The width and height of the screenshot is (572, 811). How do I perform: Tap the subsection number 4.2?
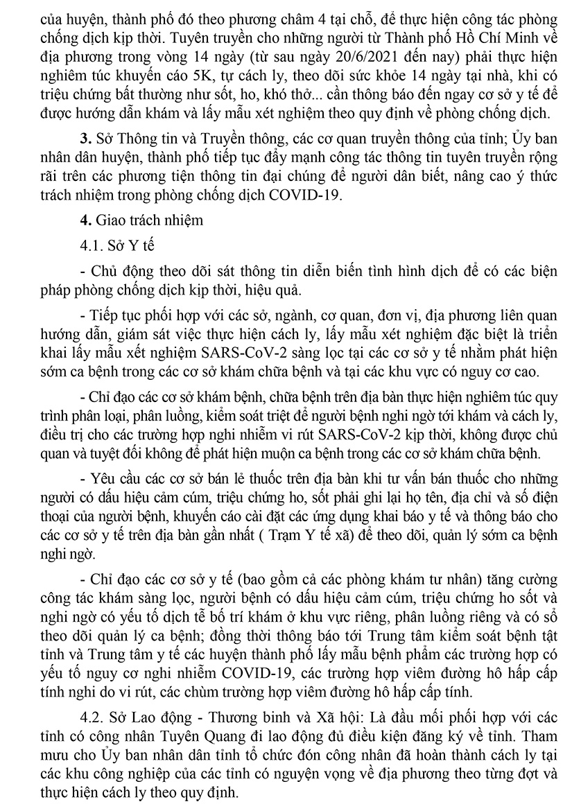92,713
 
